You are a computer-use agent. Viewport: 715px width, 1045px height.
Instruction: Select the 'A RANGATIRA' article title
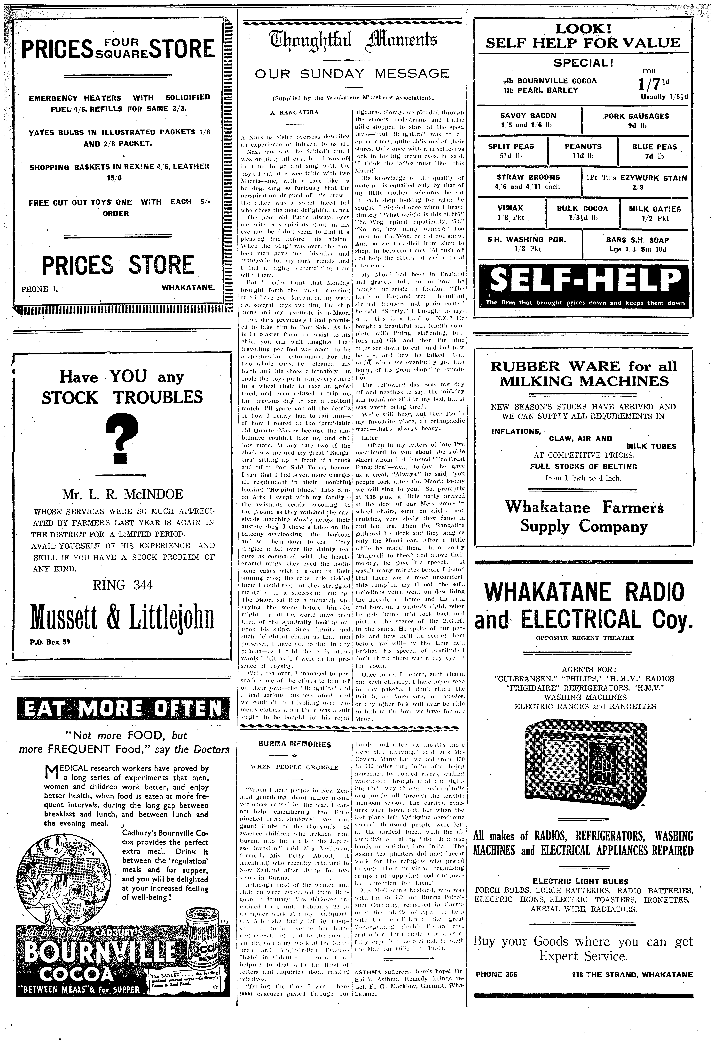tap(294, 112)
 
